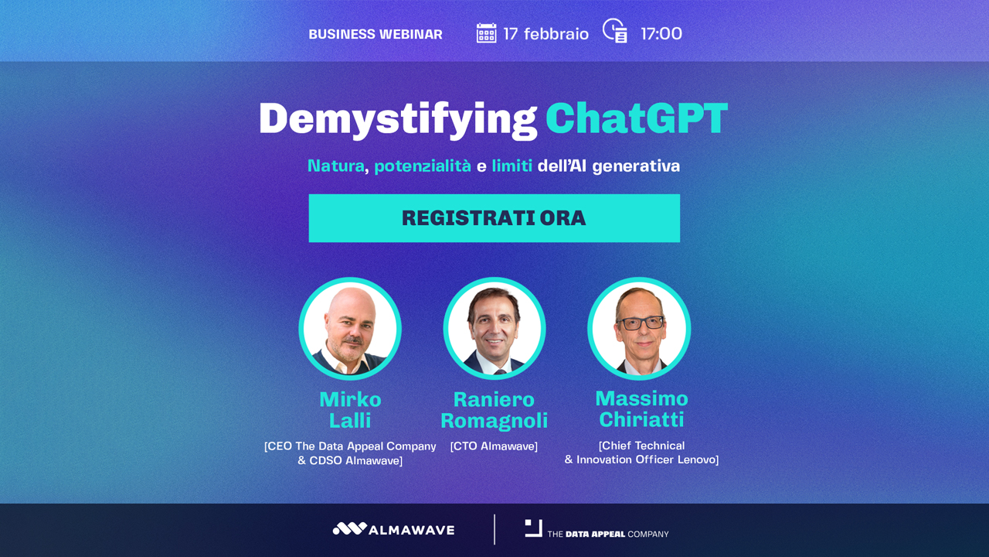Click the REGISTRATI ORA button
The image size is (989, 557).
494,218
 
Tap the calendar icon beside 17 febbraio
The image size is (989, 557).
486,33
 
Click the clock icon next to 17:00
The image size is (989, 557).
614,30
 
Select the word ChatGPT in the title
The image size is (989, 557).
637,118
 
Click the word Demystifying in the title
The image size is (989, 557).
398,120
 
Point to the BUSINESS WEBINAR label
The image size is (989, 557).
376,34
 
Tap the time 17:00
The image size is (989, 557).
661,33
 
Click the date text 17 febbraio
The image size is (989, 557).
545,33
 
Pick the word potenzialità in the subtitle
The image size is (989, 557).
423,166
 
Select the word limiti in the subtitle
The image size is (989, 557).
511,166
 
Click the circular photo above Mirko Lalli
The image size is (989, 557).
350,329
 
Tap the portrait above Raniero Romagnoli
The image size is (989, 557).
494,329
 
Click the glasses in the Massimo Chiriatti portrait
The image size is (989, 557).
641,323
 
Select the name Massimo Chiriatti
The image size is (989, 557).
641,409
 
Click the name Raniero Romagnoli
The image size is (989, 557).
494,410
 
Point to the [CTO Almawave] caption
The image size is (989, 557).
494,446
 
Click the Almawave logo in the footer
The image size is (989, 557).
393,529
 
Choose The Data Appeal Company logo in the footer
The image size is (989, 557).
596,529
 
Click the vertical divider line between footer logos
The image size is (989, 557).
494,529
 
